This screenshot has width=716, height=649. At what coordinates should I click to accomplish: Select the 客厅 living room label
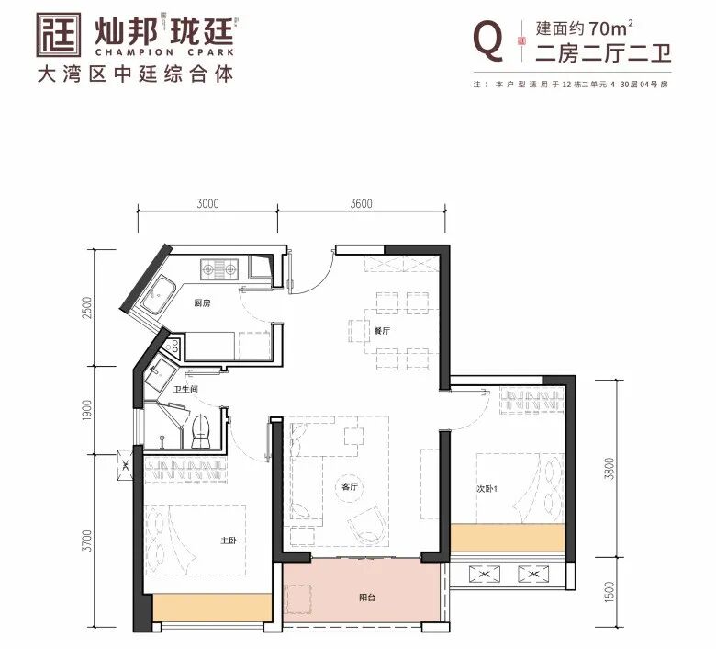click(348, 487)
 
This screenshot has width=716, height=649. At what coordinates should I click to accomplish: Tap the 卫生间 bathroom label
click(187, 389)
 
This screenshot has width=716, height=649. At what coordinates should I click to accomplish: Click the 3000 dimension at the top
click(207, 204)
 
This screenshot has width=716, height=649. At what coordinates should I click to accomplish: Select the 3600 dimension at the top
click(361, 204)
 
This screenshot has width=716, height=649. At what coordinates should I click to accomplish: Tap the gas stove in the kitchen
click(219, 268)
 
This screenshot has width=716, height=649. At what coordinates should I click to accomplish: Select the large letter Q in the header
click(487, 40)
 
